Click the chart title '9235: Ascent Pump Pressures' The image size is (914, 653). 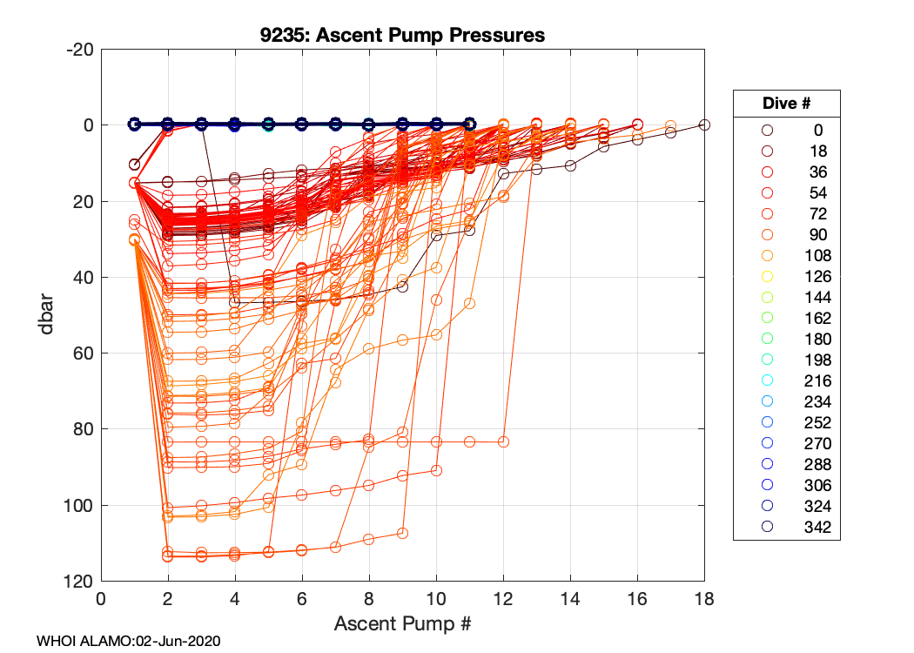(x=402, y=35)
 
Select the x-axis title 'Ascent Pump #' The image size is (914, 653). (x=402, y=624)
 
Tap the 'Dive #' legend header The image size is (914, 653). (x=786, y=103)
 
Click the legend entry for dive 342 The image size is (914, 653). (x=787, y=527)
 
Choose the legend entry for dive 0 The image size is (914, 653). (x=787, y=130)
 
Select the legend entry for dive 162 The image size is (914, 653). (x=787, y=318)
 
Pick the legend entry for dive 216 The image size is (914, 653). (x=787, y=380)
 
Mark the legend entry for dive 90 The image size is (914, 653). (x=787, y=234)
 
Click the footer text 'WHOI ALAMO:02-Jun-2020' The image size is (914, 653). (x=128, y=641)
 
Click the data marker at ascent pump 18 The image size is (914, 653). (x=704, y=125)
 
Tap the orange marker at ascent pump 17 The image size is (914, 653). (x=671, y=126)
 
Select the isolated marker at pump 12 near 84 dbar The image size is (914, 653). (x=503, y=442)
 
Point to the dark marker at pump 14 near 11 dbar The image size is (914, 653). (x=570, y=165)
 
